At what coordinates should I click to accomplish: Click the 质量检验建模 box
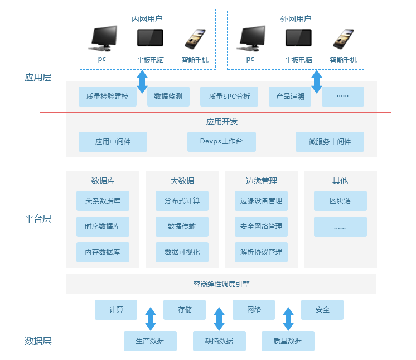108,97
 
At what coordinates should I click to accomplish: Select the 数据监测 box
168,97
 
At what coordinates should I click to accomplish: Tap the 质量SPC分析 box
229,97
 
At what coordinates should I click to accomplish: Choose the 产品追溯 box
290,97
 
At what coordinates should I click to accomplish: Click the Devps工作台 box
221,142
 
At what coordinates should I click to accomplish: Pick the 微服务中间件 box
330,142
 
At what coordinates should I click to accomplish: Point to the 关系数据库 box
103,201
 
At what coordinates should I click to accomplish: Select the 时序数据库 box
103,227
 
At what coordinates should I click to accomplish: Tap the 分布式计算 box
182,201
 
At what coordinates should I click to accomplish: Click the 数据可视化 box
182,252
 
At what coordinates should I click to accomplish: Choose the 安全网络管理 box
261,227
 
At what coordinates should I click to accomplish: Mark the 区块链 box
340,201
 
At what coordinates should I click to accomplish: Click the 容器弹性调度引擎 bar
221,284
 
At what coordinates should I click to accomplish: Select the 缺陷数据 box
219,341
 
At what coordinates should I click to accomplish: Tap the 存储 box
185,310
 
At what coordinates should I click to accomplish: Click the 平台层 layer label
38,219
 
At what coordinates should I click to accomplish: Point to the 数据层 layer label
38,341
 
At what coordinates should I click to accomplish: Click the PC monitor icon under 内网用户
103,38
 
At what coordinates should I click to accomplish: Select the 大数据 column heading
182,181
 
